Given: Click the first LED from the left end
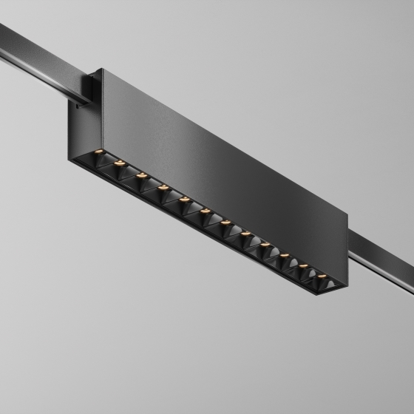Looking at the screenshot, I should tap(99, 152).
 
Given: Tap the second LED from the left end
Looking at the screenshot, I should tap(119, 163).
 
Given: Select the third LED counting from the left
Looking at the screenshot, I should tap(142, 175).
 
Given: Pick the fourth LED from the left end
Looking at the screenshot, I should tap(163, 187).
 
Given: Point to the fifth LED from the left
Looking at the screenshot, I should tap(184, 199).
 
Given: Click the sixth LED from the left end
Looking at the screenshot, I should tap(205, 211).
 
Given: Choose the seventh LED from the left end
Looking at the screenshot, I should tap(225, 223).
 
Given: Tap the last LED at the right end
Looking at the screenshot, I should tap(322, 276).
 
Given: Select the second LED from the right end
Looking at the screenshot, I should tap(303, 266).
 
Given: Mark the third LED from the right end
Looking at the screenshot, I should tap(285, 255).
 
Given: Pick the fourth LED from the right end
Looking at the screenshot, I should tap(265, 245).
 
